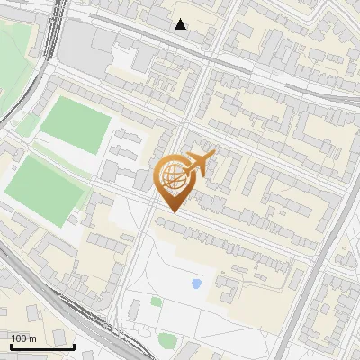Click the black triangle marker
(x=181, y=24)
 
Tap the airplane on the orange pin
(x=197, y=164)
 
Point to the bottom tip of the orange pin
(x=173, y=211)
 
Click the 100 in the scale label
(x=20, y=338)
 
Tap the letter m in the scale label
(x=34, y=338)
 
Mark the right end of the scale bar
(x=75, y=346)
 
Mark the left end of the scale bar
(x=12, y=346)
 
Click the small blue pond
(x=196, y=284)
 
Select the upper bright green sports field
(x=76, y=125)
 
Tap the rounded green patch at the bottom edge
(x=167, y=341)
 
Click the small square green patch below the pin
(x=157, y=301)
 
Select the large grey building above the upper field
(x=90, y=45)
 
